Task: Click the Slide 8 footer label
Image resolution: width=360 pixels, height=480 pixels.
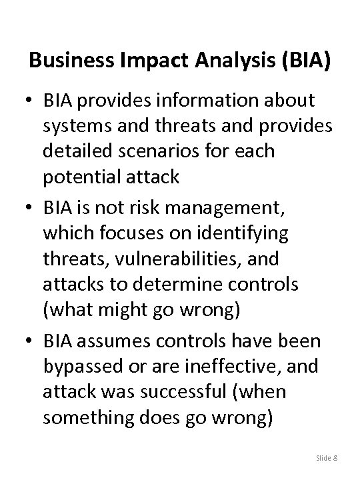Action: (326, 457)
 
